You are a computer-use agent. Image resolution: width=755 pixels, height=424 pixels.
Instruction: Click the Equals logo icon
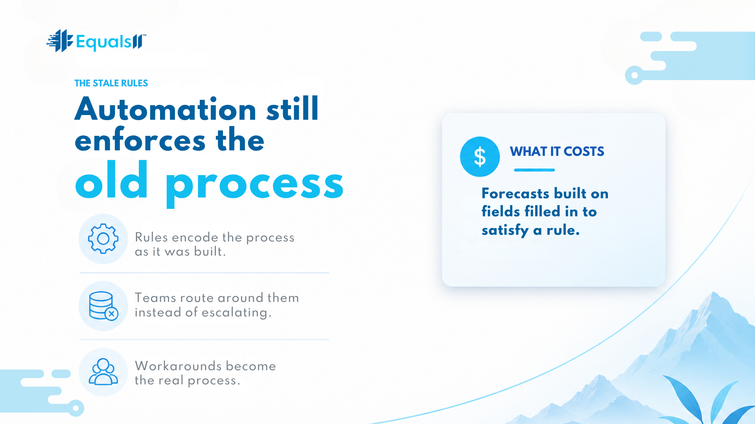point(60,41)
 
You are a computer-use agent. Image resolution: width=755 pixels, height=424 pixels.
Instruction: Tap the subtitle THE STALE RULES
point(111,83)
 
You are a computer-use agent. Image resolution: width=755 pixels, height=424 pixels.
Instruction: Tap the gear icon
point(103,239)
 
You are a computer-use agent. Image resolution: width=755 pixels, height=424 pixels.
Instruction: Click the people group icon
point(103,372)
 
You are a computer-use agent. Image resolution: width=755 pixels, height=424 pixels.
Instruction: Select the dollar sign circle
point(480,157)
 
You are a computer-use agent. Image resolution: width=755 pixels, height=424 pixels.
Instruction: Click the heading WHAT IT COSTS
point(557,152)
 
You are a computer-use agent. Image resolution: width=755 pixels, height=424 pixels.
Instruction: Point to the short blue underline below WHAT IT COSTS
point(534,170)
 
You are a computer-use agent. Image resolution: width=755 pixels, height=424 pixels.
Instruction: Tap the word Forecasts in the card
point(516,194)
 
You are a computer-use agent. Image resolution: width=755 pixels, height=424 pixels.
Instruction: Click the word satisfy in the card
point(505,230)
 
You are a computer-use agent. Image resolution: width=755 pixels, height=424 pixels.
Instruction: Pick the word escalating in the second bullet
point(234,313)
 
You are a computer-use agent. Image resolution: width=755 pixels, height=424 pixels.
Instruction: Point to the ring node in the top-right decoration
point(634,75)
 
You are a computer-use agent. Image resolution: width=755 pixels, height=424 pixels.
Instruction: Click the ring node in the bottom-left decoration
point(75,408)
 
